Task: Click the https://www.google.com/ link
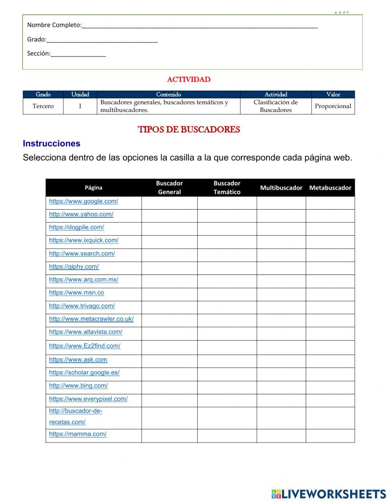pyautogui.click(x=84, y=201)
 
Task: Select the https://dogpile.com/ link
pyautogui.click(x=77, y=227)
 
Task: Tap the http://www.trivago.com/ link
pyautogui.click(x=82, y=306)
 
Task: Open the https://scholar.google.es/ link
pyautogui.click(x=84, y=373)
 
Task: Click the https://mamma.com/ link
pyautogui.click(x=78, y=434)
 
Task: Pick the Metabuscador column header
pyautogui.click(x=330, y=188)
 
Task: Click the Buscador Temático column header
pyautogui.click(x=227, y=187)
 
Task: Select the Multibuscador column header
pyautogui.click(x=281, y=188)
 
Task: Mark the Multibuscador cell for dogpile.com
pyautogui.click(x=281, y=229)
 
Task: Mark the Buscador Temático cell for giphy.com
pyautogui.click(x=227, y=268)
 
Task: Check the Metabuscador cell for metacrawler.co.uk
pyautogui.click(x=330, y=320)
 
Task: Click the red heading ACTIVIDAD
pyautogui.click(x=189, y=80)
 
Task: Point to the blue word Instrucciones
pyautogui.click(x=51, y=143)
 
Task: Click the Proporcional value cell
pyautogui.click(x=333, y=106)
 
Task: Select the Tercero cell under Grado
pyautogui.click(x=43, y=106)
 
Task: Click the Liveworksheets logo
pyautogui.click(x=329, y=494)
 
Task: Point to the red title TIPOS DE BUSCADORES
pyautogui.click(x=189, y=130)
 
